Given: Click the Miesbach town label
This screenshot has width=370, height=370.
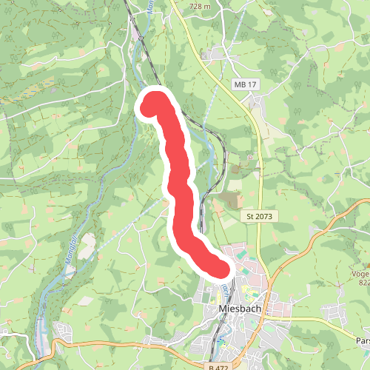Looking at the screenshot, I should click(237, 309).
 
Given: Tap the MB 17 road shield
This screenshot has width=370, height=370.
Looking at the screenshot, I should click(244, 85).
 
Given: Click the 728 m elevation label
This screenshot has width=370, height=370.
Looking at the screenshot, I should click(200, 6).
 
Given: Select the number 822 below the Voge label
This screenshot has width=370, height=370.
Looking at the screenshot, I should click(363, 282).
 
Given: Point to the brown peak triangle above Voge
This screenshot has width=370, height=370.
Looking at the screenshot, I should click(365, 263).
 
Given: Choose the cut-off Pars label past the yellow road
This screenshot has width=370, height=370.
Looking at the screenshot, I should click(362, 340).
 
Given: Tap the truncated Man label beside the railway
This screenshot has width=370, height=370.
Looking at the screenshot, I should click(149, 9).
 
